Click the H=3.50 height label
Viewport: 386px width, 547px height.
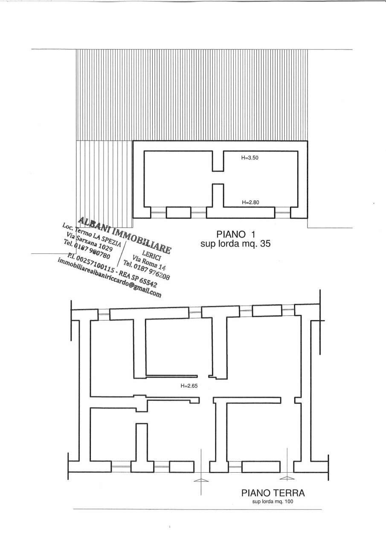[250, 157]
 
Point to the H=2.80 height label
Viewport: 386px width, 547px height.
[250, 202]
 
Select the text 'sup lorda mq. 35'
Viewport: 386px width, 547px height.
[235, 244]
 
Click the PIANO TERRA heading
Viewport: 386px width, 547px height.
[273, 493]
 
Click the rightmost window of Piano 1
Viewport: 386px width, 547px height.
[282, 212]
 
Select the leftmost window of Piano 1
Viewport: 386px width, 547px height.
[159, 212]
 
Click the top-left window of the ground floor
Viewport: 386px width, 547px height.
[104, 315]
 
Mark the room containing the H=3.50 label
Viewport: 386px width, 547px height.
[260, 179]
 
